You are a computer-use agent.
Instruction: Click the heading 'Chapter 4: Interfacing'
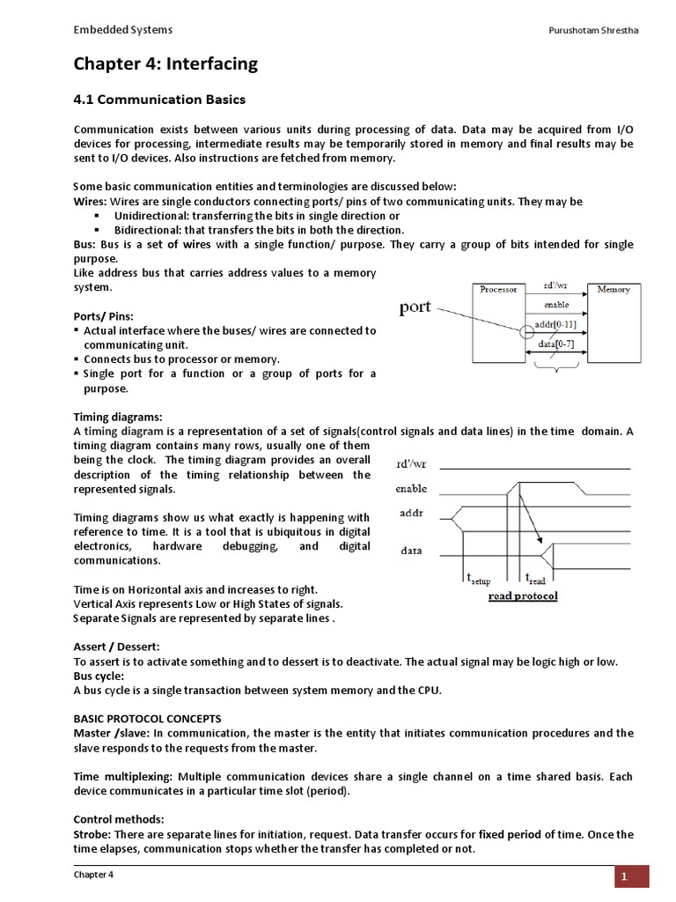pos(165,63)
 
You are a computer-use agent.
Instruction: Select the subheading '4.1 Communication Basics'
pos(158,100)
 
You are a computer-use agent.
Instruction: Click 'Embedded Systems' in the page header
pos(122,30)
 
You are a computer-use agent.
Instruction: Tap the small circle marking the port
pos(527,333)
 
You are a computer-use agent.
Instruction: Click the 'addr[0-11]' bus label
pos(556,325)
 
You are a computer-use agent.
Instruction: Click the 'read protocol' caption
pos(523,596)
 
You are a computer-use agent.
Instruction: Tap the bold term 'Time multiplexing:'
pos(123,777)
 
